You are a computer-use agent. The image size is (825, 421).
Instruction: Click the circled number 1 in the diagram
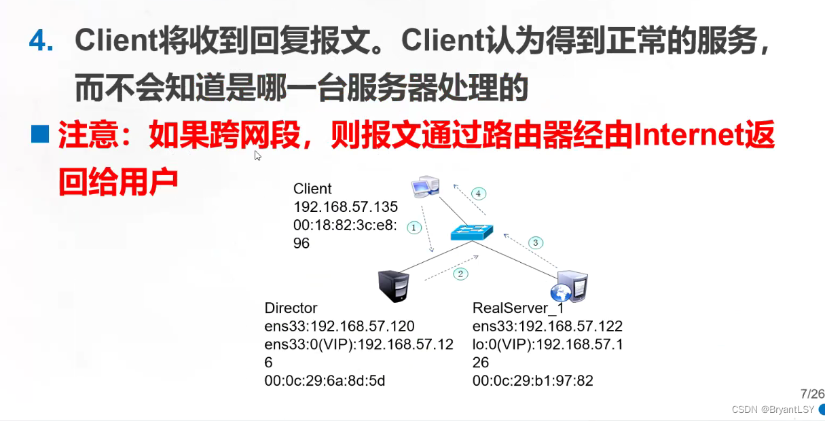pos(414,227)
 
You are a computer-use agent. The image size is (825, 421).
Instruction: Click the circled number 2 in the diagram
pos(460,274)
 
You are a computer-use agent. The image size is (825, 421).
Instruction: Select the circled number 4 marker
pos(478,194)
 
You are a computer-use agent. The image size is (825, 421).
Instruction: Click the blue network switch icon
pos(473,232)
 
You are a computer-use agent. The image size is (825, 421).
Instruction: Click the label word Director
pos(291,308)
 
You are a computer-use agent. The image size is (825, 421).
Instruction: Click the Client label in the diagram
pos(312,189)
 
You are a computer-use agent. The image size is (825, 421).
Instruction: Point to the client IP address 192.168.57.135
pos(345,207)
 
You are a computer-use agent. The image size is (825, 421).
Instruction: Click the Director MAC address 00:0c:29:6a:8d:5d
pos(325,381)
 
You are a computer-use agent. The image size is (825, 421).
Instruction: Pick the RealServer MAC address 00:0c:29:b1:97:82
pos(532,381)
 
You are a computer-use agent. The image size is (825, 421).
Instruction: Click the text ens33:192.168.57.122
pos(547,326)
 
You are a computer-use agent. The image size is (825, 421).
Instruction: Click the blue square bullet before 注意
pos(41,134)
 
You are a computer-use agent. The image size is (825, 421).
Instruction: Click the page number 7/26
pos(811,394)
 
